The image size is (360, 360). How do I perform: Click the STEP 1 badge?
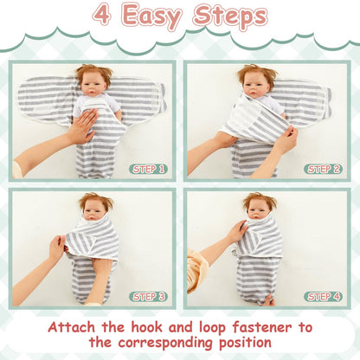coord(148,169)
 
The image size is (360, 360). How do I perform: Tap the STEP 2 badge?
coord(323,169)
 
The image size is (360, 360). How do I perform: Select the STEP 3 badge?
coord(148,297)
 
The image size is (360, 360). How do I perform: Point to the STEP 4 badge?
coord(323,297)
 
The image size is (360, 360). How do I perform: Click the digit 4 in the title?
coord(102,15)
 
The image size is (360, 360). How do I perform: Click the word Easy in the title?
coord(151,16)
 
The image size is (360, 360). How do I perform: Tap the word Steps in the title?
coord(230,16)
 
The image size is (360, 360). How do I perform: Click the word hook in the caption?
coord(147,327)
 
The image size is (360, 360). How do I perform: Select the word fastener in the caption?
coord(262,327)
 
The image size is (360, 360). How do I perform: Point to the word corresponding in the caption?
coord(165,343)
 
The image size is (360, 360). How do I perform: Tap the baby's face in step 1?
coord(92,87)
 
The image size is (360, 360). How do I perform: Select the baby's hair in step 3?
coord(96,201)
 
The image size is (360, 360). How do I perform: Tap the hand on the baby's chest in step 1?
coord(85,125)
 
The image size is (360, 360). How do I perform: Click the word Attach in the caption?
coord(71,327)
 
